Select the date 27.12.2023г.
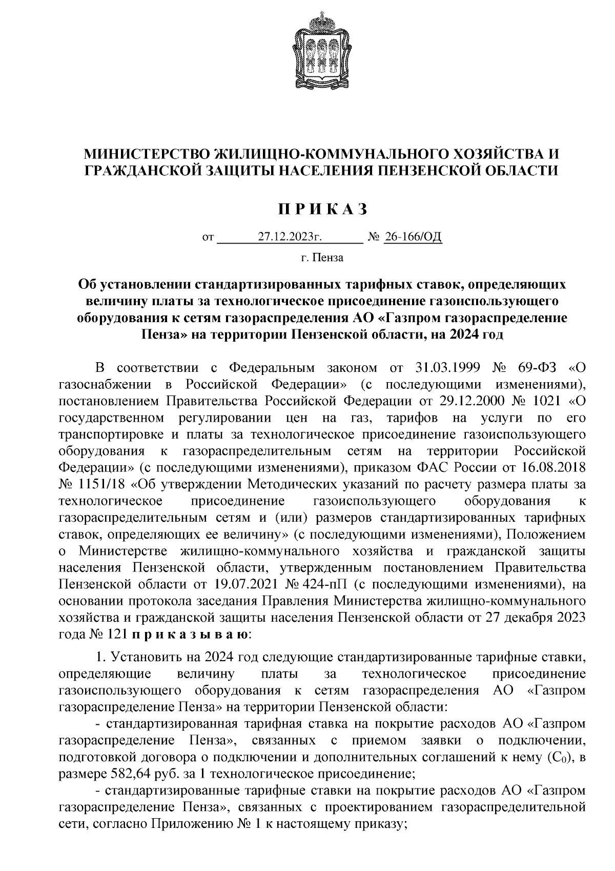pos(290,237)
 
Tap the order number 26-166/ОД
pos(413,237)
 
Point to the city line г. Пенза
pos(322,258)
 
